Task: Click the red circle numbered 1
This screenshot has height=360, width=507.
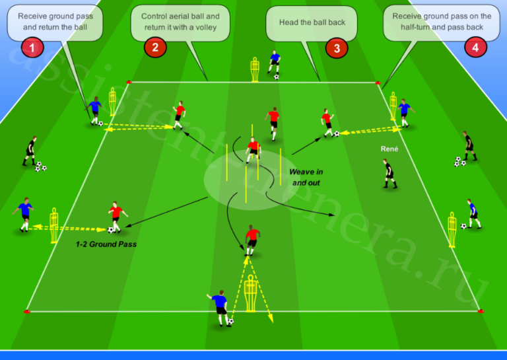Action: [32, 48]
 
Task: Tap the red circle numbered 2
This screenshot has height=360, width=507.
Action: [155, 47]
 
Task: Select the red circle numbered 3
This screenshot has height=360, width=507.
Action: [337, 48]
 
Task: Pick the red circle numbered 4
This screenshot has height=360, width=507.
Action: [475, 48]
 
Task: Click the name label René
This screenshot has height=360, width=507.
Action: [389, 149]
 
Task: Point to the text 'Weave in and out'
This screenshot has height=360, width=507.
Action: [306, 177]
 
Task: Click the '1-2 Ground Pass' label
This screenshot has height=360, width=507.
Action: [106, 244]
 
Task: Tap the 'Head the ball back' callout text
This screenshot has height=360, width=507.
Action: [312, 22]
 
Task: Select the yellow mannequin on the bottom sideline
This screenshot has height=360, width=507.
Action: [251, 293]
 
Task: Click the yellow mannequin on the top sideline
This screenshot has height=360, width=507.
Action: [255, 69]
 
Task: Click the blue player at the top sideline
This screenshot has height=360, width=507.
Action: [274, 63]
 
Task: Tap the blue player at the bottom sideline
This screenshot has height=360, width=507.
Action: [220, 308]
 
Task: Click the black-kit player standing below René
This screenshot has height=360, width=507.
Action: [389, 173]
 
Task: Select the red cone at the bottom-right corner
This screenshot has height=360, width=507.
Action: [481, 311]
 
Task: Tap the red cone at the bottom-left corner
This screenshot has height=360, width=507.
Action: [27, 312]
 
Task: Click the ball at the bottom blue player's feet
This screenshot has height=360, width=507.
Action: [230, 322]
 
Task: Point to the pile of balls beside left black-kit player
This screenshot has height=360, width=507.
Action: [40, 166]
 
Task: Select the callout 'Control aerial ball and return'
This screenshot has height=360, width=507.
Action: [180, 22]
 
